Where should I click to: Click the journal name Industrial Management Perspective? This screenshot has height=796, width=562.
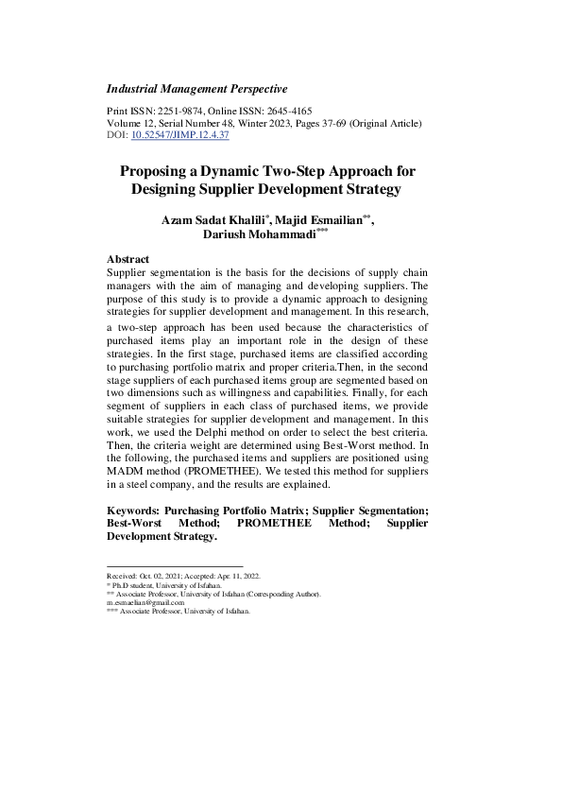197,89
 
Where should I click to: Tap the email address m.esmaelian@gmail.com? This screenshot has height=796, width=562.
145,603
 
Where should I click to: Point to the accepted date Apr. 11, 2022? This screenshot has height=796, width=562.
236,576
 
